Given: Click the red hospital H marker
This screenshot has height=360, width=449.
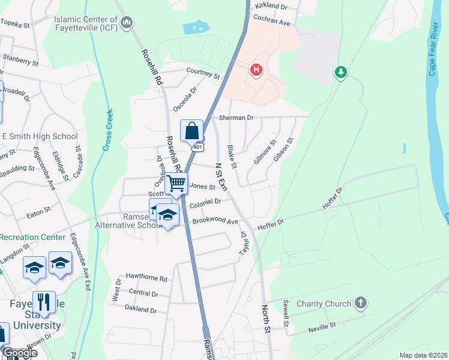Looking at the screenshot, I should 257,70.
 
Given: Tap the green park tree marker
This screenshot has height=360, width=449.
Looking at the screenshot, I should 341,73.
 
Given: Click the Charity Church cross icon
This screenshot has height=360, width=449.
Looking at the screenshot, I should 360,302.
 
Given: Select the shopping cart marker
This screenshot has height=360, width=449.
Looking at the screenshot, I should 176,183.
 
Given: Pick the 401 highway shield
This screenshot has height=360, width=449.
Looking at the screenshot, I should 198,146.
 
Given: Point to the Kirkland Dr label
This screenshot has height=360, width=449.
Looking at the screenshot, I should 272,5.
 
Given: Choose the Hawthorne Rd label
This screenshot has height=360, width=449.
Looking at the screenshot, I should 146,278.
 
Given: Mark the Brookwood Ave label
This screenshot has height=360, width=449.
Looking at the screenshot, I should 215,221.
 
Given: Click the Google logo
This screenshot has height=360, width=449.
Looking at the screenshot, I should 20,353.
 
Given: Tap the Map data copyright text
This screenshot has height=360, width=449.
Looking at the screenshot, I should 423,355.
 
